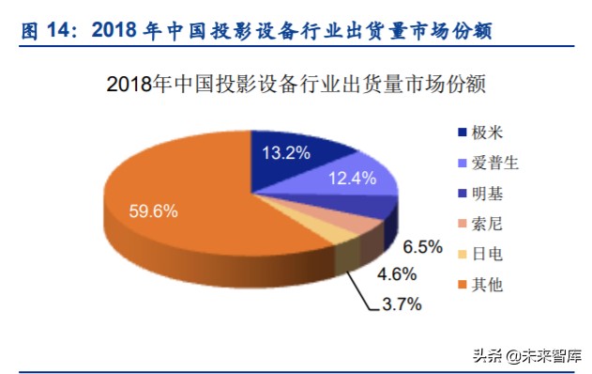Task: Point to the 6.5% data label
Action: (x=422, y=247)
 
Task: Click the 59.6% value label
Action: (x=153, y=211)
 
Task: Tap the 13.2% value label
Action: (x=285, y=152)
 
